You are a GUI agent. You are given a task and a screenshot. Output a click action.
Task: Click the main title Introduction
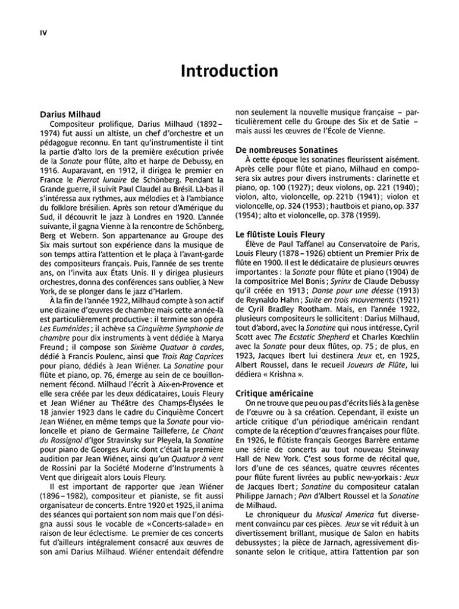coord(229,71)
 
